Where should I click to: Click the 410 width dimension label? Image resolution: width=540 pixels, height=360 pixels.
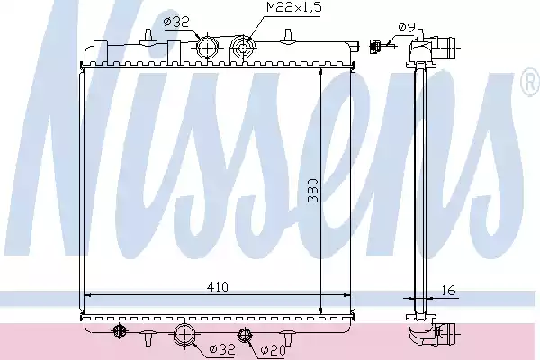pos(217,286)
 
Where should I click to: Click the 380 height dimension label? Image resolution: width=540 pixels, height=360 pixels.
pos(313,191)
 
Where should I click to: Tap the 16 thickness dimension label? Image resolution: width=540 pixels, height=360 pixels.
pos(448,291)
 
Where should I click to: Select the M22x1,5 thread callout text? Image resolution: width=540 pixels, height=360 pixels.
pos(293,7)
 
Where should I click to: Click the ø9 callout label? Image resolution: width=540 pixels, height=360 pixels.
pos(407,27)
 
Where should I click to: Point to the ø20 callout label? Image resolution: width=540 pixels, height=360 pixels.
pos(274,350)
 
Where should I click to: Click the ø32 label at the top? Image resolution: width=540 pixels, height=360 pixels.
pos(176,22)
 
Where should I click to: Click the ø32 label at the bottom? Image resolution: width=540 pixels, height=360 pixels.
pos(222,350)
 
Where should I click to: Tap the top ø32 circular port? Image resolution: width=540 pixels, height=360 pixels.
pos(207,49)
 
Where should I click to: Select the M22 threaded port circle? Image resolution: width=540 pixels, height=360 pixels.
pos(242,49)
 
